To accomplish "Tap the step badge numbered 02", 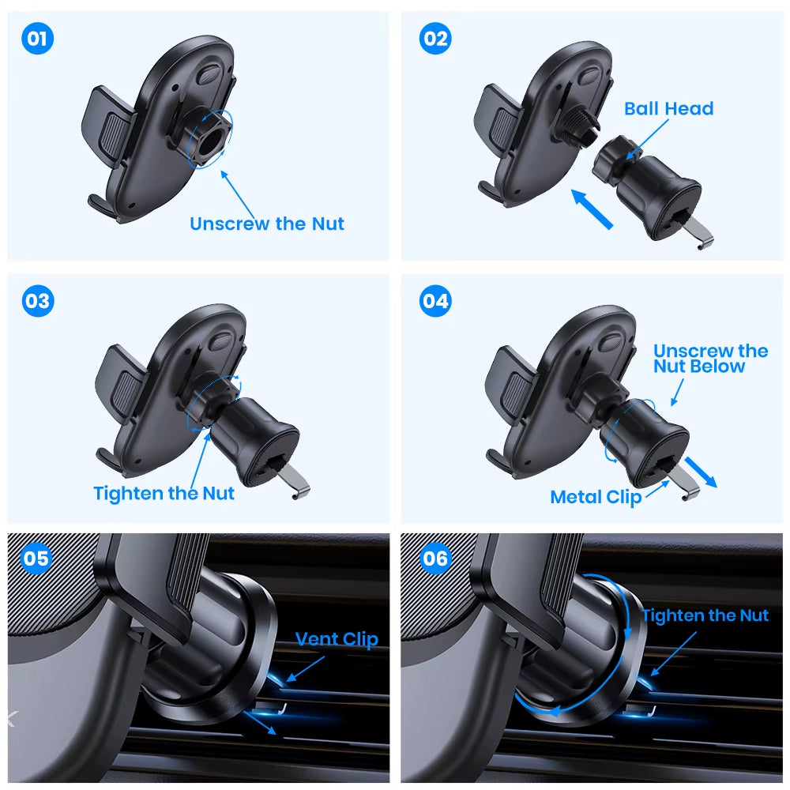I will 434,39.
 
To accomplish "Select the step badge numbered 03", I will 37,301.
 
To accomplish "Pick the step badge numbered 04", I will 434,301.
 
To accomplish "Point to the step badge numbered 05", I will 36,559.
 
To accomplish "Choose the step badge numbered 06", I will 434,559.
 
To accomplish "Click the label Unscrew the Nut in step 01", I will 267,224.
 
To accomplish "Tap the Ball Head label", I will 668,109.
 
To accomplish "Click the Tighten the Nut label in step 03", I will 164,494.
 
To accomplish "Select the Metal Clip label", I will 596,497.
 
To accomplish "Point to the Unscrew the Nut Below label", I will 709,359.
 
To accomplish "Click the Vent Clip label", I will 337,639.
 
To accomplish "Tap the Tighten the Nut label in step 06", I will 705,615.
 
